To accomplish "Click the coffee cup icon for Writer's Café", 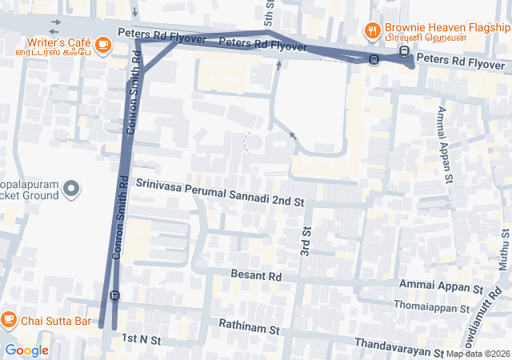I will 102,46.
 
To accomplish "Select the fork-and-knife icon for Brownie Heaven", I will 372,31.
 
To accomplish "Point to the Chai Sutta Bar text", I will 55,321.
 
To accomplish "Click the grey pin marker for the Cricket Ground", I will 72,190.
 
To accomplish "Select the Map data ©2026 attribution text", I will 478,354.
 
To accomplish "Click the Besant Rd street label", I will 256,275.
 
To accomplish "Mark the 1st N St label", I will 142,340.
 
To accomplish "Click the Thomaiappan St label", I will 431,306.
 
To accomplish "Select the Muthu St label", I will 504,253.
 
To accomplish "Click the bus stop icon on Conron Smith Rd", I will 115,294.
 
